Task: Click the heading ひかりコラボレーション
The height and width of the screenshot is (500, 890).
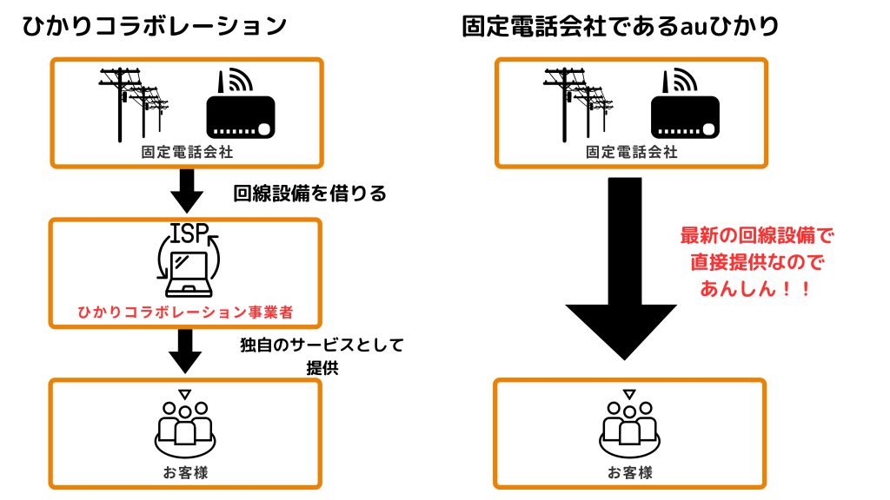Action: point(155,26)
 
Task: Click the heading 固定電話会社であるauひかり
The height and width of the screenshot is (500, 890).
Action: point(621,26)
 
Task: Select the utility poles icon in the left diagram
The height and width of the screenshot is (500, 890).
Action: point(133,102)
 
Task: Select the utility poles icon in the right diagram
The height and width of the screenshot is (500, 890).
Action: point(577,102)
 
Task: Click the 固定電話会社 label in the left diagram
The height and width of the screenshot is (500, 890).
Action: point(186,152)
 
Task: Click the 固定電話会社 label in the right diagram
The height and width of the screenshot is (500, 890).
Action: point(631,152)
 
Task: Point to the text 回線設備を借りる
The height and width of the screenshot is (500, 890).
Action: point(309,193)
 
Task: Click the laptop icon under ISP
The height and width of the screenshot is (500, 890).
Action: point(188,271)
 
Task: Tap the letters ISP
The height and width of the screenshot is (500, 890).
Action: point(187,234)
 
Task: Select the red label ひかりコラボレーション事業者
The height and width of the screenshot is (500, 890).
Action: point(186,311)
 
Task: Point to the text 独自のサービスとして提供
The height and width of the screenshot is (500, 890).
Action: point(322,355)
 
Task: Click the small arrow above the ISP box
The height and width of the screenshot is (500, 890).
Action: point(186,192)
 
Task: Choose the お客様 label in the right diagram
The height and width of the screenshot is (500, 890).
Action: point(629,473)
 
